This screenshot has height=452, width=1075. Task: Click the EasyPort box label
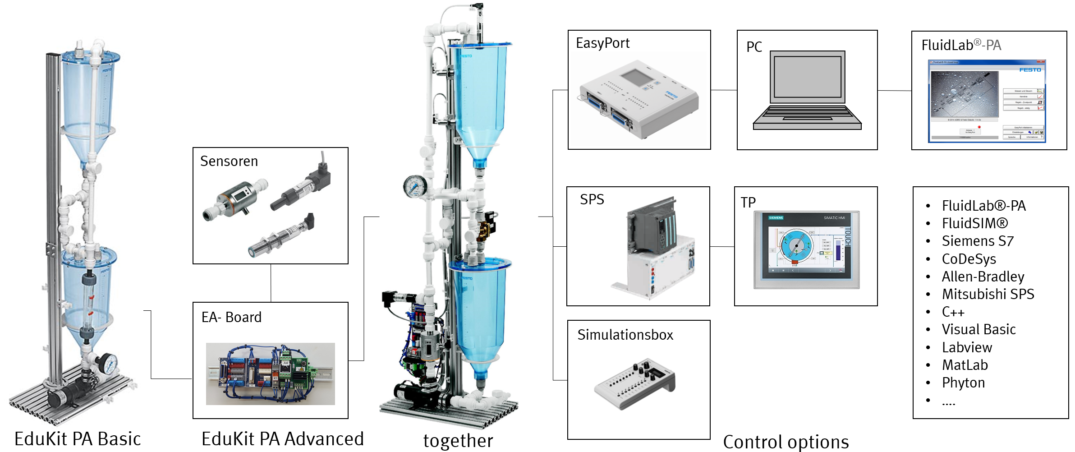click(602, 43)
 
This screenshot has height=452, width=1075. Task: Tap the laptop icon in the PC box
click(807, 90)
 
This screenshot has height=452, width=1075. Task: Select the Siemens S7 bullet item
click(977, 241)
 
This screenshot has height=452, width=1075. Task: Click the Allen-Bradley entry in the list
click(983, 277)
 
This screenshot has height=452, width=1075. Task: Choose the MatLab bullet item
click(965, 365)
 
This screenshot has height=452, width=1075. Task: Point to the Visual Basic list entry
click(979, 329)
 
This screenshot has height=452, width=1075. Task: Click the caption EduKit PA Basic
click(78, 439)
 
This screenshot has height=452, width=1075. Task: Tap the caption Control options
click(786, 442)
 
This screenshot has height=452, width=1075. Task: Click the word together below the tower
click(458, 441)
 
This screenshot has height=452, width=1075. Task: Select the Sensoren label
click(229, 161)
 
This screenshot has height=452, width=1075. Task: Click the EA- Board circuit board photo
click(270, 374)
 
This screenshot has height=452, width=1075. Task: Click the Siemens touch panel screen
click(806, 249)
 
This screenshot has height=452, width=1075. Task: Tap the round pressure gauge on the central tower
click(414, 186)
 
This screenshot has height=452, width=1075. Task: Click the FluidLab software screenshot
click(987, 101)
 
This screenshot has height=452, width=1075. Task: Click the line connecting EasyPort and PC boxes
click(724, 90)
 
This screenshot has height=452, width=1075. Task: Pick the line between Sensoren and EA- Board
click(271, 283)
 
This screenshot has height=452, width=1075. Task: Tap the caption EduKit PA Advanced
click(282, 439)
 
